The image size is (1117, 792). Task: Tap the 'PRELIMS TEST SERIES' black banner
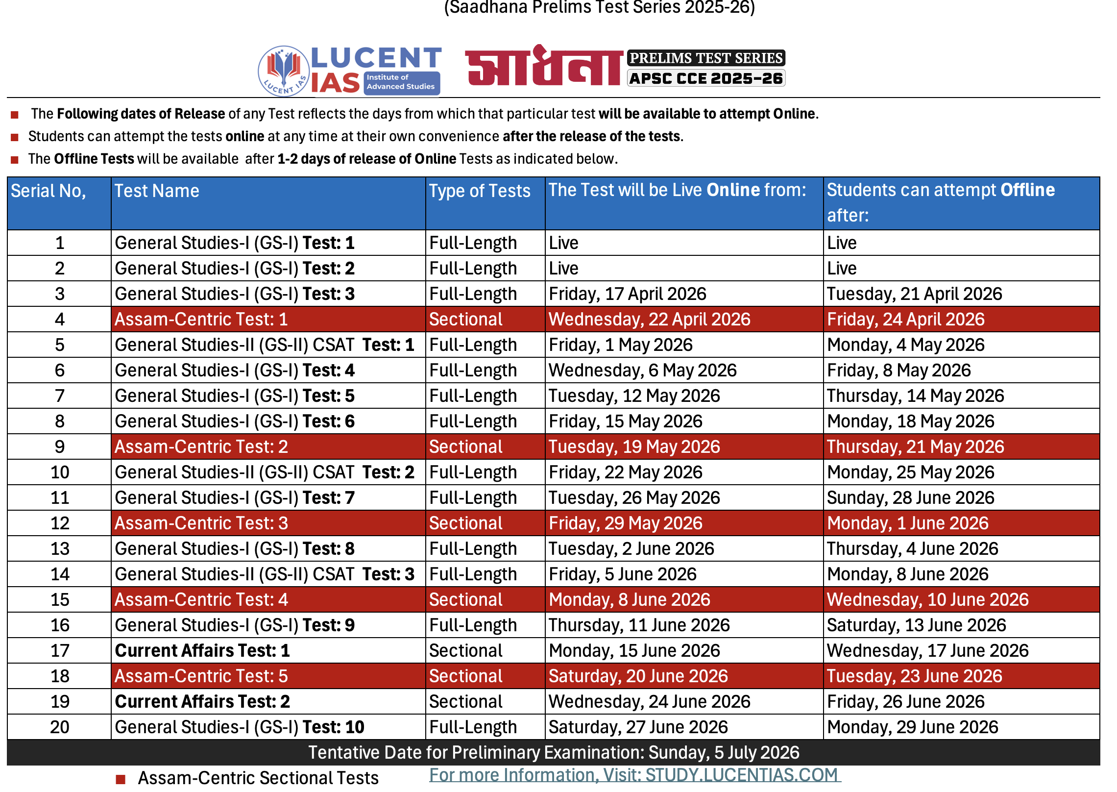706,58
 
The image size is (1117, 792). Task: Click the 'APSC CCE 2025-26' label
706,78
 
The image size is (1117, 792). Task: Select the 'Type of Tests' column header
480,191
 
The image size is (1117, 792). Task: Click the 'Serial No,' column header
49,191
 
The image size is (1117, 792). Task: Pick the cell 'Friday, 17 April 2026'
628,294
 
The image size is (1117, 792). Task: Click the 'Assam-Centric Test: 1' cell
201,320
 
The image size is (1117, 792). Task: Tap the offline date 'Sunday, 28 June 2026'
910,498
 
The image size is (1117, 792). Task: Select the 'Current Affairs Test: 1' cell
202,651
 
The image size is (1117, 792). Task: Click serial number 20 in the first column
60,727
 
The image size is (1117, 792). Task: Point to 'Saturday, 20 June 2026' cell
638,676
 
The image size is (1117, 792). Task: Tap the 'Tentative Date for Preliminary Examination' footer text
554,752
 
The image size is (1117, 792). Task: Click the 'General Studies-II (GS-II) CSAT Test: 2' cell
265,472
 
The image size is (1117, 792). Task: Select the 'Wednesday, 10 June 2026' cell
927,600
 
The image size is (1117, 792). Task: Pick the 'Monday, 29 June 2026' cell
912,727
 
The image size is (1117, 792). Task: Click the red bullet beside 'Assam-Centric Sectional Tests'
121,779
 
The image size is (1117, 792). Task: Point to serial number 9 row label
60,447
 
